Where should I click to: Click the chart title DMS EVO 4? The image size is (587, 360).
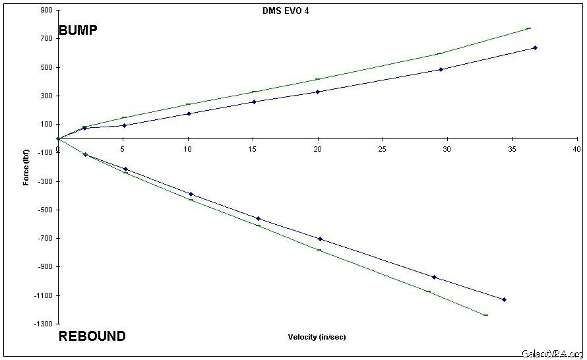pos(286,11)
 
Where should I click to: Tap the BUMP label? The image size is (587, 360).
pos(78,30)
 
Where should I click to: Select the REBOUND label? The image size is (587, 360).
pos(92,336)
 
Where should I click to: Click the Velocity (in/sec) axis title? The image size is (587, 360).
pos(317,337)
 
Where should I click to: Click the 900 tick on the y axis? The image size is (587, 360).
pos(46,11)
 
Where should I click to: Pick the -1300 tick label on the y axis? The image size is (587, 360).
pos(43,324)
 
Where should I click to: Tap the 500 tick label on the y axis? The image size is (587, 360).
pos(46,67)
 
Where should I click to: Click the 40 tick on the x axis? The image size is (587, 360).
pos(578,150)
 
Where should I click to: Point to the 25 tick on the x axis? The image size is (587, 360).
pos(383,150)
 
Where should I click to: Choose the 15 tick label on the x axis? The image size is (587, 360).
pos(253,150)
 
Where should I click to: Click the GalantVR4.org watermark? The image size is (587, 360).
pos(551,353)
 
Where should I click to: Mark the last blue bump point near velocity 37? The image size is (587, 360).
pos(535,47)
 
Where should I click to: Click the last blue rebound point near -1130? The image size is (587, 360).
pos(505,299)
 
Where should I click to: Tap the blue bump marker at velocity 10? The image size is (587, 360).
pos(189,113)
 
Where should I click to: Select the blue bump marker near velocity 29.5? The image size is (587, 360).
pos(441,69)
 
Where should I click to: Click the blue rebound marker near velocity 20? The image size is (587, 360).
pos(320,239)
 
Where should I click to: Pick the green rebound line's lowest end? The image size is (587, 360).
pos(485,315)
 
